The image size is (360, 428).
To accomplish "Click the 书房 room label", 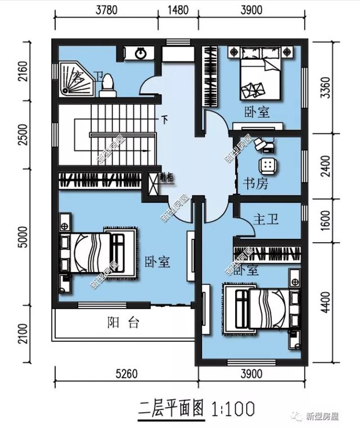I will point(255,183).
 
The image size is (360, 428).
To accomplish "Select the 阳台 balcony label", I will point(123,323).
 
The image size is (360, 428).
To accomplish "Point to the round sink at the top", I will point(141,53).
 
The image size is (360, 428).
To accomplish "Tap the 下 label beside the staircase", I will point(165,119).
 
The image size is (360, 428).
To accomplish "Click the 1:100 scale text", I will point(232,407).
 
